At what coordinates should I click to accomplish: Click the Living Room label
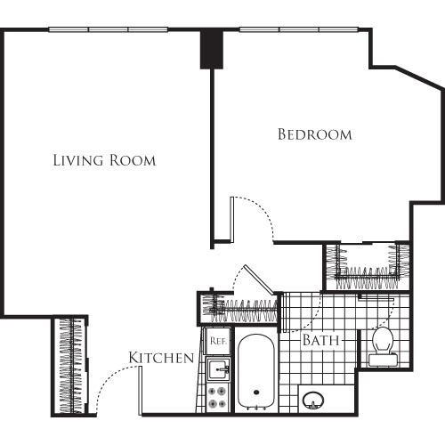pos(104,161)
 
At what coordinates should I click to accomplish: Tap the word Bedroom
pos(314,135)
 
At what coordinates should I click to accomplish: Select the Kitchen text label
pos(161,358)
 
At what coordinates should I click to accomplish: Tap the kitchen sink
pos(217,367)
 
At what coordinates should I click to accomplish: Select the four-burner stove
pos(217,394)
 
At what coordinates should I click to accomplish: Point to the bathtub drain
pos(257,392)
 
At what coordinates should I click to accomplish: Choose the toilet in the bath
pos(384,345)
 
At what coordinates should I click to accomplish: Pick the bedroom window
pos(299,29)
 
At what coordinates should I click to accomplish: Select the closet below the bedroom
pos(366,264)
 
